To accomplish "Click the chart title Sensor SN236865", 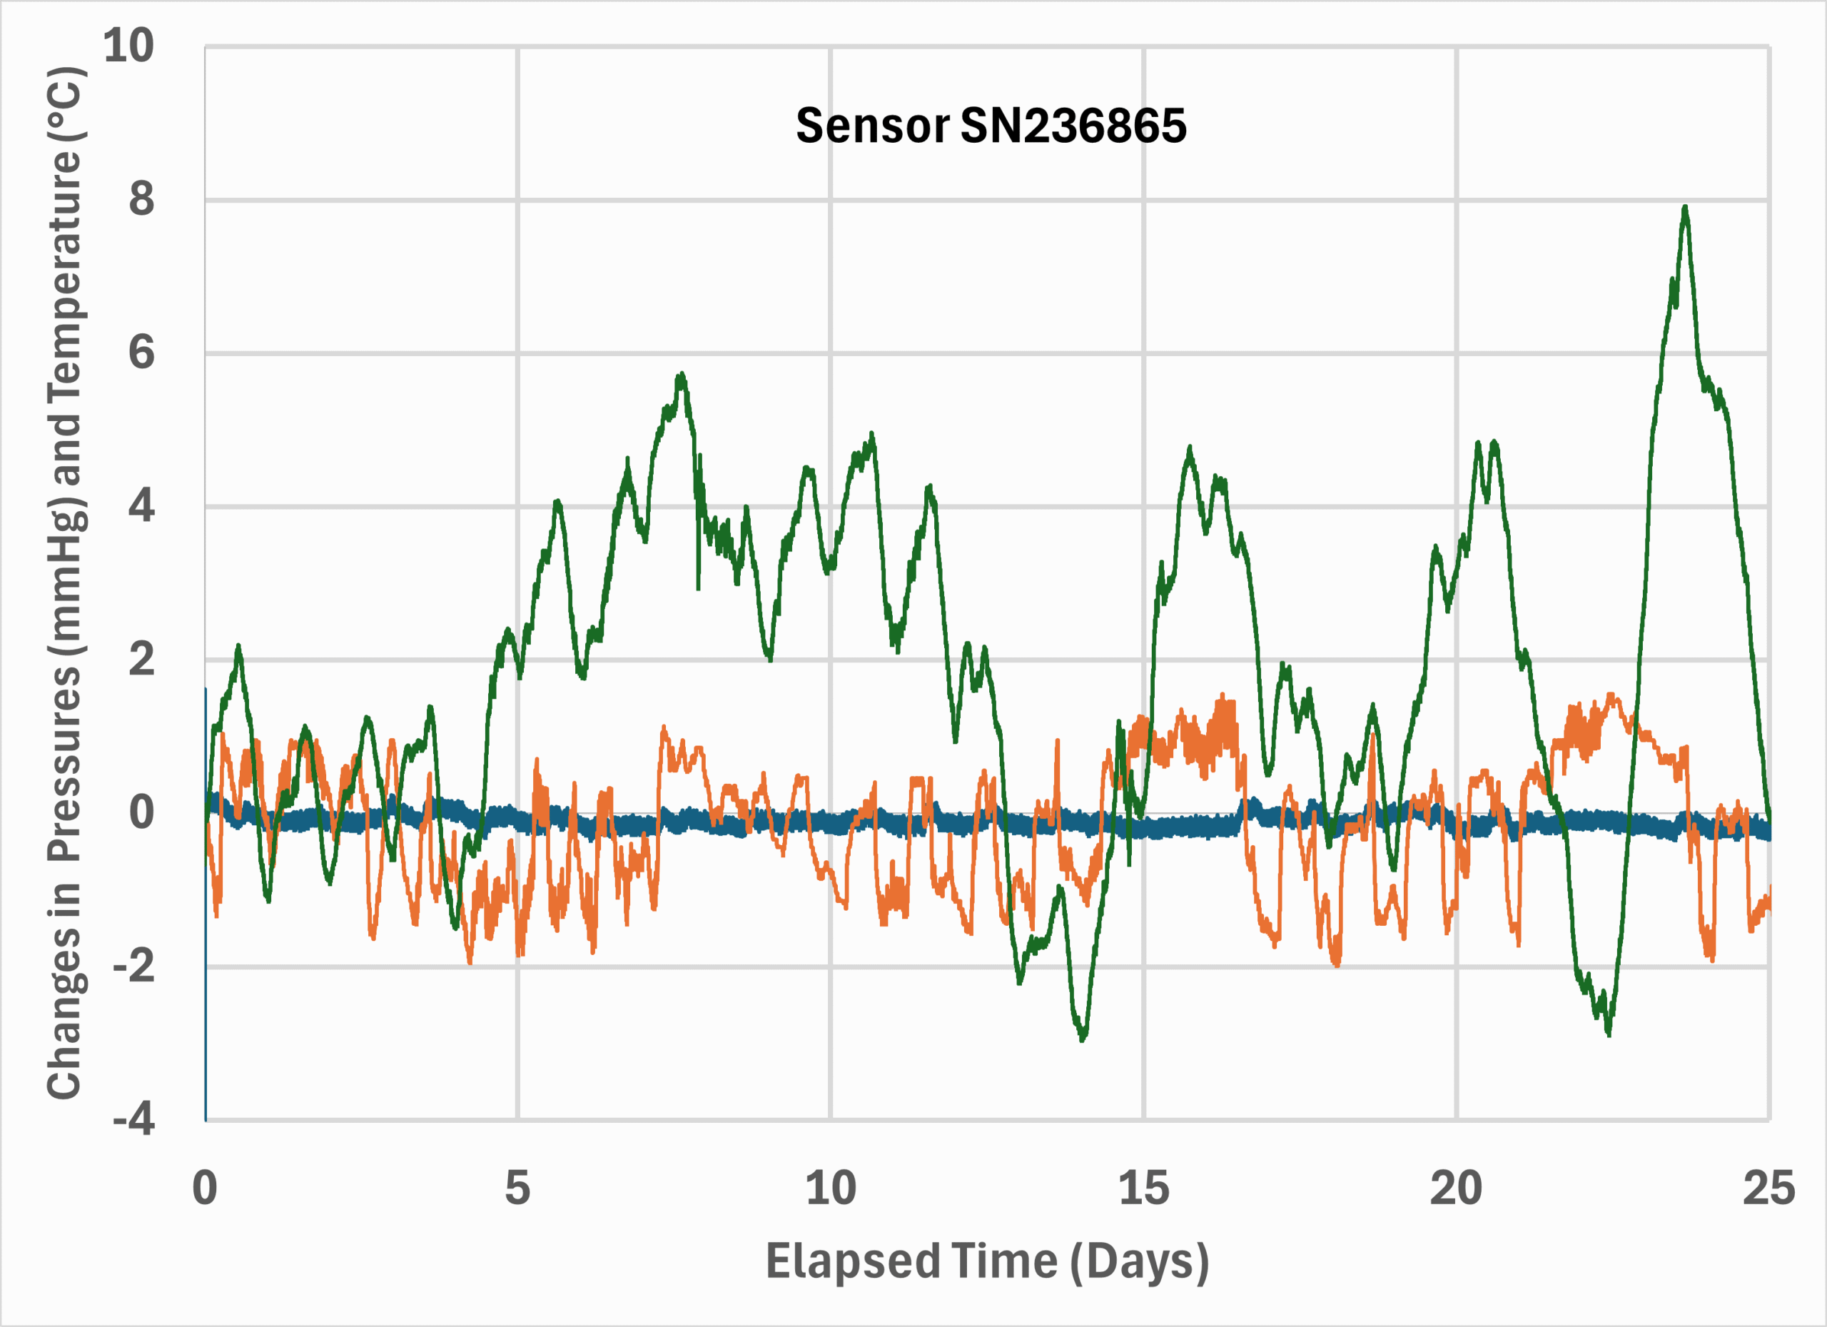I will click(991, 126).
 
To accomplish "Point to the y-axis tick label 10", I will click(129, 45).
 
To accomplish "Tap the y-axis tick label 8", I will click(141, 198).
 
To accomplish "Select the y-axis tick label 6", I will click(141, 352).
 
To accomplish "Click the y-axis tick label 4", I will click(141, 506).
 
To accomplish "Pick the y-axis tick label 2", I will click(141, 660).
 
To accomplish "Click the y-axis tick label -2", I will click(133, 965).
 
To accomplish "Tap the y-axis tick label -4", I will click(133, 1119).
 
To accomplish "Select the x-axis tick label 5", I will click(517, 1188).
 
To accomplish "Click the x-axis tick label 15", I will click(1143, 1188).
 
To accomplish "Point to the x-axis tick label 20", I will click(1456, 1188).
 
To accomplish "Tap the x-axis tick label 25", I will click(1769, 1188).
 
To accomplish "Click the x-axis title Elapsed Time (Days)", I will click(987, 1260).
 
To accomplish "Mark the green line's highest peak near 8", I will click(1684, 208).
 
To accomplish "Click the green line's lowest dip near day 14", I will click(1083, 1039).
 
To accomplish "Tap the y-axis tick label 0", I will click(141, 812).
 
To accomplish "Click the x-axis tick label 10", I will click(831, 1188).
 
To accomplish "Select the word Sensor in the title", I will click(872, 126).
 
